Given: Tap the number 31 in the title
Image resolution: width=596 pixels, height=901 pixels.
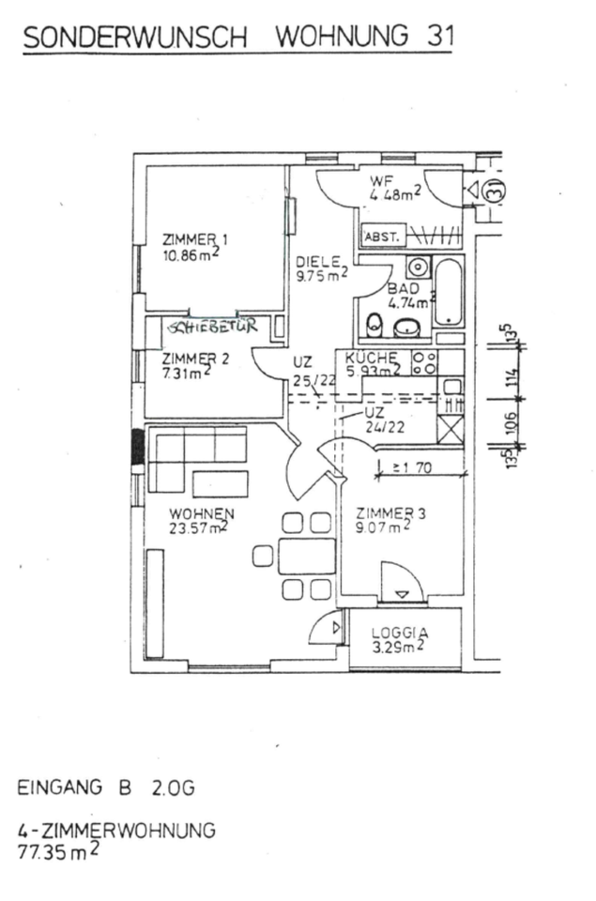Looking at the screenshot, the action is [436, 37].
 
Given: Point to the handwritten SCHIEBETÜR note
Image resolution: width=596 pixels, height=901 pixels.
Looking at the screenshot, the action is [209, 328].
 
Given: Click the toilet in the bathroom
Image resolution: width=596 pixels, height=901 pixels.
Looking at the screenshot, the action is [375, 324].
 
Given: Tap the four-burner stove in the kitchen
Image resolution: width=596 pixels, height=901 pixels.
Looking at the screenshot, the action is [424, 362].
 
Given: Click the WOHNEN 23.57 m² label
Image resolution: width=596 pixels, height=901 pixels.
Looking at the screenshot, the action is [201, 520].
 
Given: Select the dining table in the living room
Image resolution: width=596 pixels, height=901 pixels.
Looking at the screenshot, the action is [306, 556].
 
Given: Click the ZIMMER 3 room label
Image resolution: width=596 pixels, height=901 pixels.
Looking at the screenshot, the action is [390, 519].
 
